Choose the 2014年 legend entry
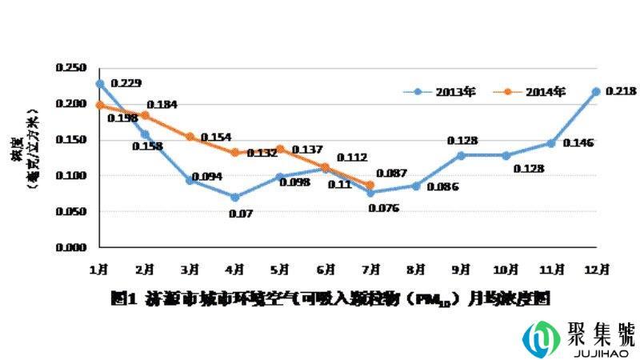click(544, 91)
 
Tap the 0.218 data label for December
click(620, 91)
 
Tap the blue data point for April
click(235, 197)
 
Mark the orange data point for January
click(99, 105)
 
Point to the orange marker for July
click(370, 185)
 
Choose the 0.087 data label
click(392, 172)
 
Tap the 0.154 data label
click(215, 138)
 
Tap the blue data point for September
click(461, 155)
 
